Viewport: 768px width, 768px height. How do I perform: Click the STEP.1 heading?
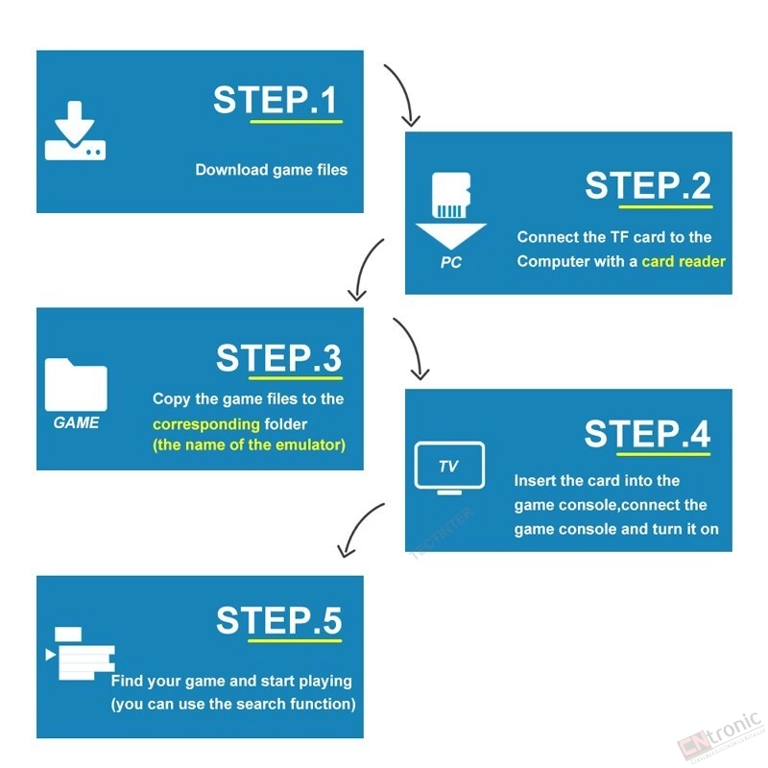(276, 100)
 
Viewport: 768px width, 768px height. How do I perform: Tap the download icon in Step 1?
(75, 131)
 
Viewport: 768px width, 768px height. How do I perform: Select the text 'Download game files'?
(272, 170)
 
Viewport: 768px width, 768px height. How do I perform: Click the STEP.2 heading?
(648, 185)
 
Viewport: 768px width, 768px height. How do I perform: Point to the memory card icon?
(451, 195)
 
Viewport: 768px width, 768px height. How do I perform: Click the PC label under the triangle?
(450, 262)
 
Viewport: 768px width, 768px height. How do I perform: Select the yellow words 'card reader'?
(684, 261)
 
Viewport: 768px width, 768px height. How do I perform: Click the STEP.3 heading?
(278, 357)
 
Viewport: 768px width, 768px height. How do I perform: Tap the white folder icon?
(76, 385)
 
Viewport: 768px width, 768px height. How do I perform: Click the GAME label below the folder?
(76, 422)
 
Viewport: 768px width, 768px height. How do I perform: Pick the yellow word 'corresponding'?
(206, 424)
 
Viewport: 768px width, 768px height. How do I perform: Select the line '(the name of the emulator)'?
(250, 444)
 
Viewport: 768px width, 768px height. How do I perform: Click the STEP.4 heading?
(647, 434)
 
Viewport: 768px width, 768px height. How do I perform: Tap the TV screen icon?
(449, 468)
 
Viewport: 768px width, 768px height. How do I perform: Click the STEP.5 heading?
(278, 620)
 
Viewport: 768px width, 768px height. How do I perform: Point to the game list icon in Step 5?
(81, 653)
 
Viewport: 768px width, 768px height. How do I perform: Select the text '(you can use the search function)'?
(233, 704)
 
